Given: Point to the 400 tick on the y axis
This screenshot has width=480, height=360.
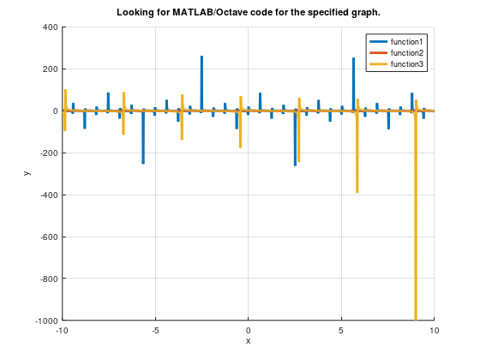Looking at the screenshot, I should point(49,27).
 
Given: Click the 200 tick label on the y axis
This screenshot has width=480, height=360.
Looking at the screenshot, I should point(49,69).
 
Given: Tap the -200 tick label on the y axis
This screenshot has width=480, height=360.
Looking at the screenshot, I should point(47,153).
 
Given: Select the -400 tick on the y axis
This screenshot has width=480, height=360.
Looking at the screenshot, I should point(47,195).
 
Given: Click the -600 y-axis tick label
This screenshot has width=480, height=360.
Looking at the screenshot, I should point(47,237).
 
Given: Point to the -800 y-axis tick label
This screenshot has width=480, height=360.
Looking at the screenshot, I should point(47,279).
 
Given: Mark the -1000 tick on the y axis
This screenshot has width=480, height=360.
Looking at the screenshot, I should point(45,320).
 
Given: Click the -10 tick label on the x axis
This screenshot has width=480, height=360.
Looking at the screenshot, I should point(62,330).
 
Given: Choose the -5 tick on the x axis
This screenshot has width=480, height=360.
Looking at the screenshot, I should point(155,330).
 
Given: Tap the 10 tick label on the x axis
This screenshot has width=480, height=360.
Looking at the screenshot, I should point(434,330).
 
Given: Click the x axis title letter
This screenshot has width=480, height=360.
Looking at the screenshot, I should point(248,341).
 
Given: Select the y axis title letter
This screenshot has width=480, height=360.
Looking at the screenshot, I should point(27,173).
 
